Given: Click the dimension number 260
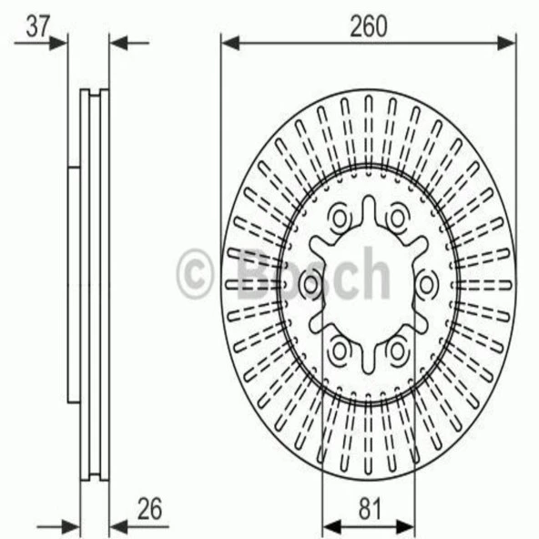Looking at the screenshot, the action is [x=368, y=26].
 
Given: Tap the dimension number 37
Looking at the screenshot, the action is [x=38, y=26].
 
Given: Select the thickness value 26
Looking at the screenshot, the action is [x=149, y=508].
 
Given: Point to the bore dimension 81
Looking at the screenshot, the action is [x=370, y=508].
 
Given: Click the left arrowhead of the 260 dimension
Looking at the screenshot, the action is [x=230, y=43].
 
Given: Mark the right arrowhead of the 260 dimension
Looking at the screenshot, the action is [x=507, y=43].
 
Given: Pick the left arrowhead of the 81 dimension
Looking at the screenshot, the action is [x=332, y=526].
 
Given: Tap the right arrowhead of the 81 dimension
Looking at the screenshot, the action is [x=405, y=526].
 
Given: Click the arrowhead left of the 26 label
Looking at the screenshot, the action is [x=118, y=526].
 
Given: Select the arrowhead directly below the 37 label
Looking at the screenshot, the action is [x=57, y=43].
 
